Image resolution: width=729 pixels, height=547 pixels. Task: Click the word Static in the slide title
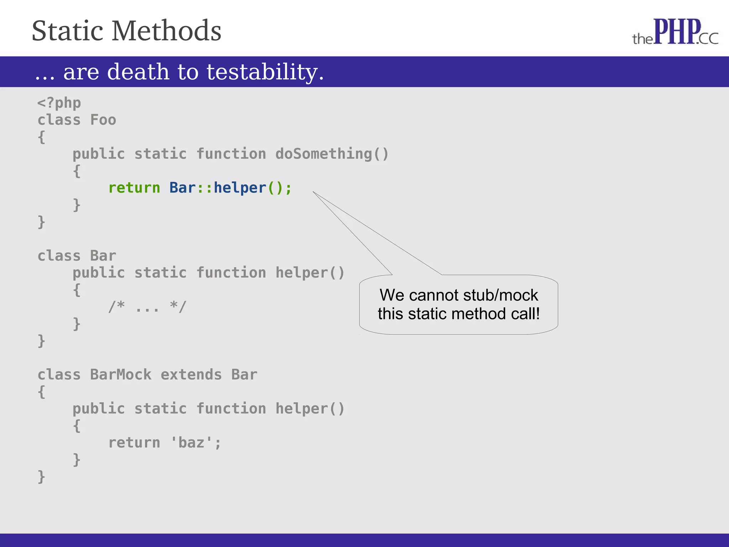click(x=68, y=31)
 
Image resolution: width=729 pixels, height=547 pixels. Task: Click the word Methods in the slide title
click(x=166, y=31)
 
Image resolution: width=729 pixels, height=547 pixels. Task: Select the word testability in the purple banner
click(x=265, y=72)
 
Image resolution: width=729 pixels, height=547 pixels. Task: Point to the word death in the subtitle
click(x=138, y=72)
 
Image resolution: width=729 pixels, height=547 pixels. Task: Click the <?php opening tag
click(x=59, y=103)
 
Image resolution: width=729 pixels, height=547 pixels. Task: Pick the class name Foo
click(x=103, y=120)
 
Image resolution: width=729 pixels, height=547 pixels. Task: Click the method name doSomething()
click(x=332, y=154)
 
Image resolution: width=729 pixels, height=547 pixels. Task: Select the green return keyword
click(x=134, y=188)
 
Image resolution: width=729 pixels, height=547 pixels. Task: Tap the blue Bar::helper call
click(x=218, y=188)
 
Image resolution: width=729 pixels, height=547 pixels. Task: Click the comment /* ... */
click(x=147, y=307)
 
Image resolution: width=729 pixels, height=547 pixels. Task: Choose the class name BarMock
click(x=121, y=375)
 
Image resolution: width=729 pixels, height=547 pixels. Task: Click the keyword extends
click(x=191, y=375)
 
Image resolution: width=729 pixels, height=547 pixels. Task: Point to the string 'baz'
click(x=191, y=443)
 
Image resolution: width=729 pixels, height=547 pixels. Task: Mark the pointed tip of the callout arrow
click(x=314, y=192)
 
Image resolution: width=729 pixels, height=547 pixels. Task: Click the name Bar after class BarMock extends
click(x=244, y=375)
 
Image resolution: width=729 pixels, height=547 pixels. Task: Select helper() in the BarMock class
click(x=310, y=409)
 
